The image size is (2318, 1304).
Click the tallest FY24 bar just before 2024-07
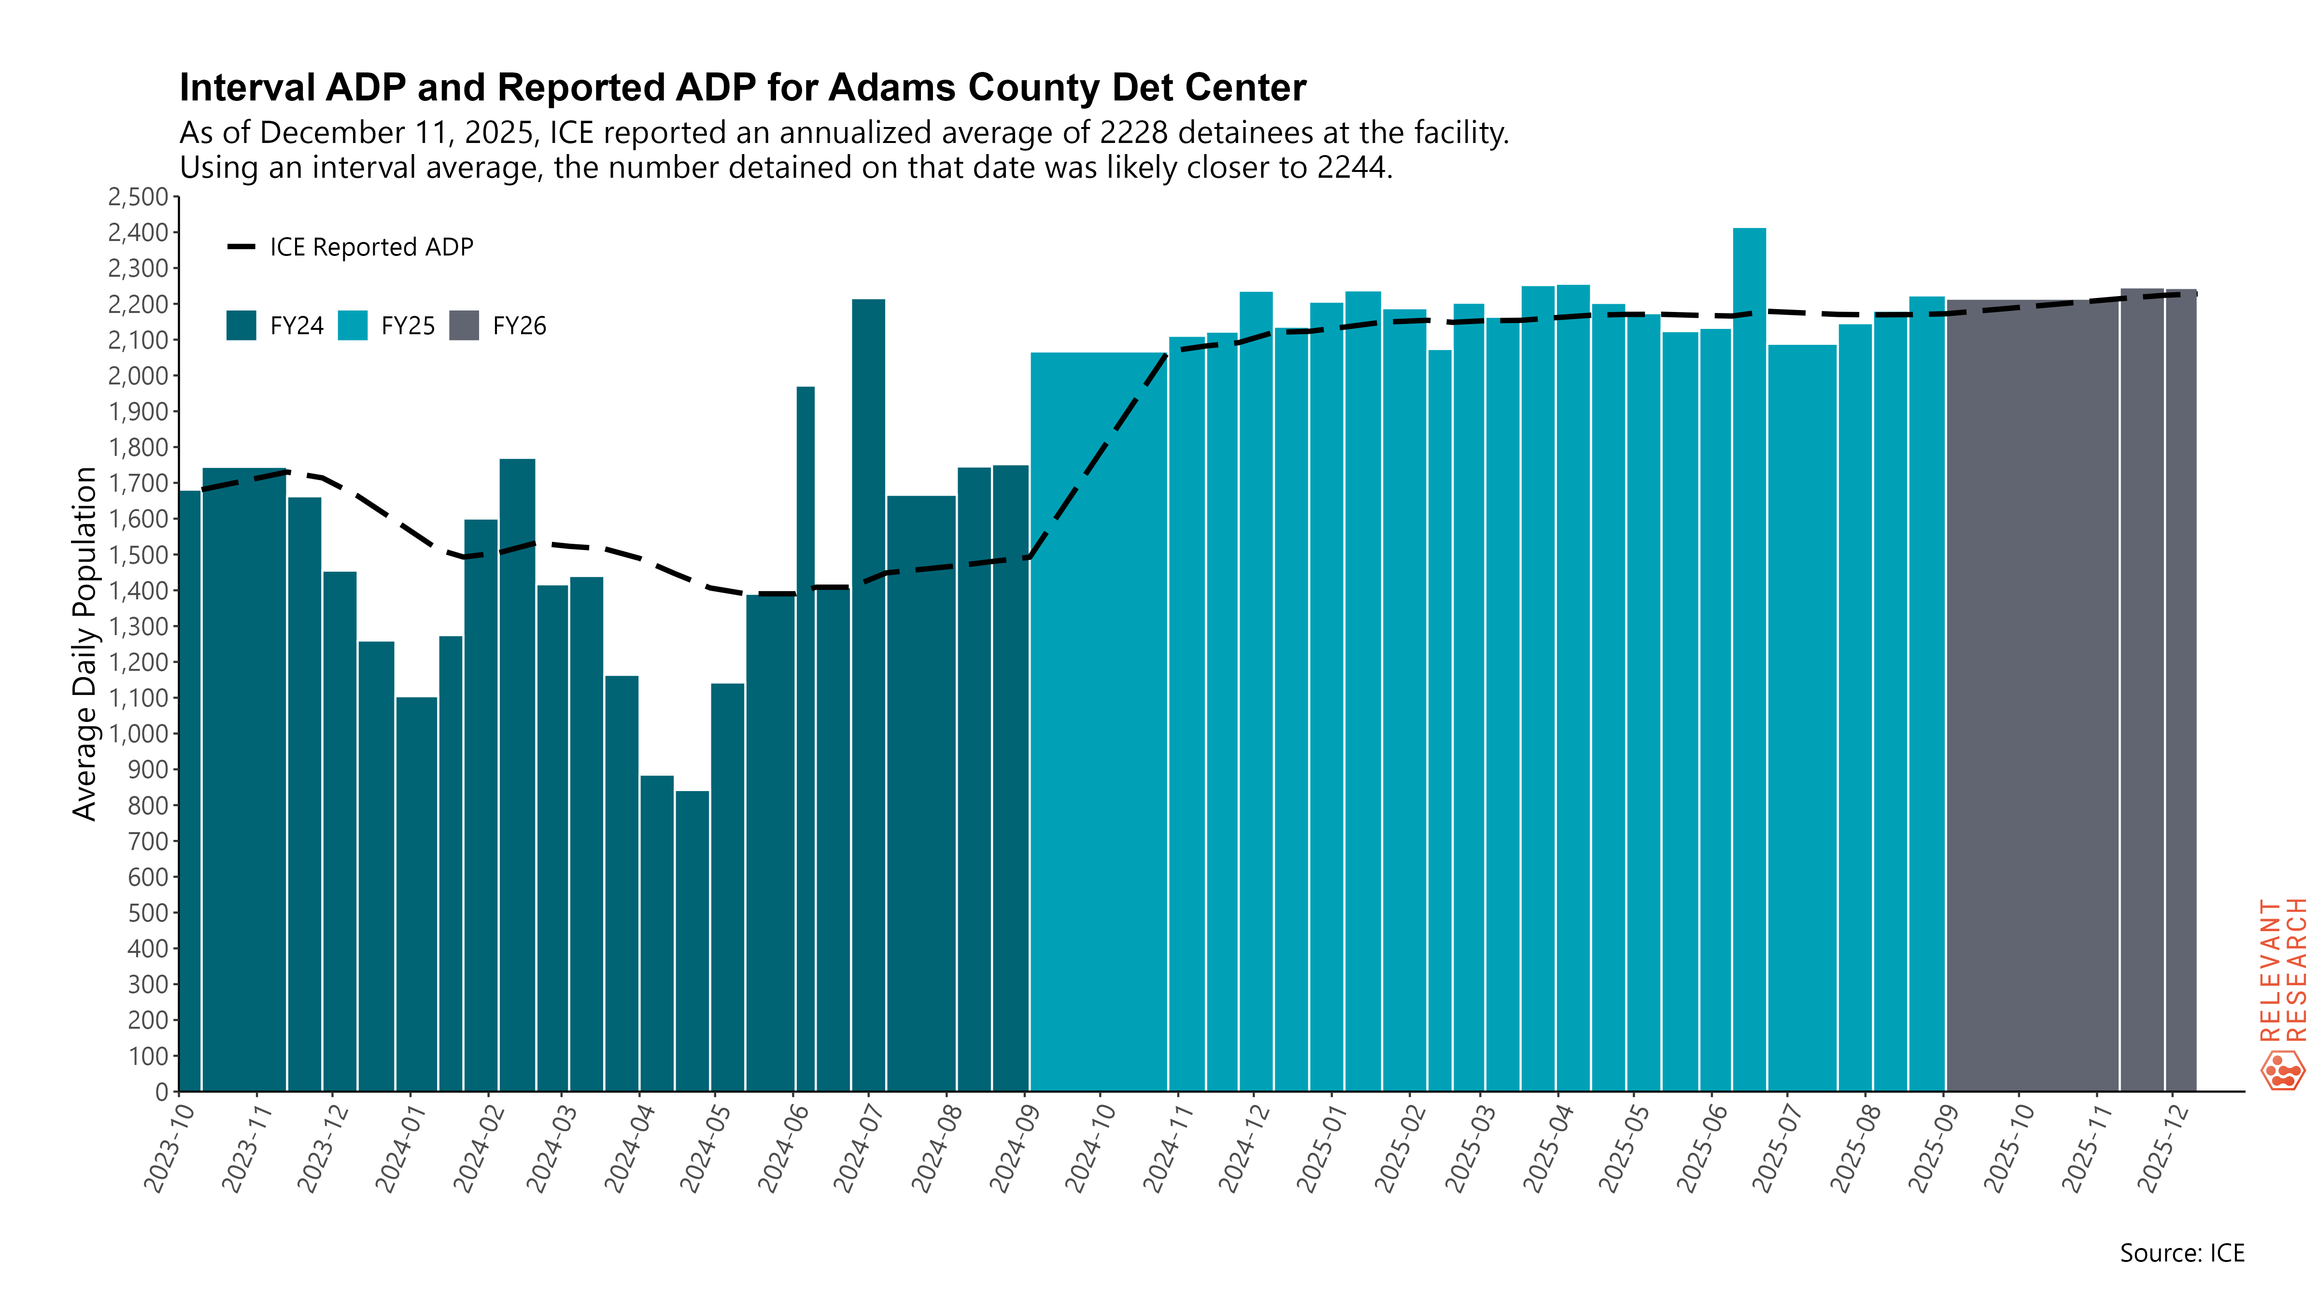click(868, 693)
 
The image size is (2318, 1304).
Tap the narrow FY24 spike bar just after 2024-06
click(806, 738)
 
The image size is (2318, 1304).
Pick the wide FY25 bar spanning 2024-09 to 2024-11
click(1098, 720)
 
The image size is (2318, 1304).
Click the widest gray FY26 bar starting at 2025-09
click(2032, 693)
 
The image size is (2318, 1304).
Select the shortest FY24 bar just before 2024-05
click(692, 940)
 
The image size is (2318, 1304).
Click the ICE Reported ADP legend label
click(371, 247)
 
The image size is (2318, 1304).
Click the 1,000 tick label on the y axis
click(138, 734)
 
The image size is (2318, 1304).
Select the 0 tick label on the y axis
click(162, 1091)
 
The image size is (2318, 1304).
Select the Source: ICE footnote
click(2181, 1253)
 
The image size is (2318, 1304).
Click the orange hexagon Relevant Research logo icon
click(2282, 1070)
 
